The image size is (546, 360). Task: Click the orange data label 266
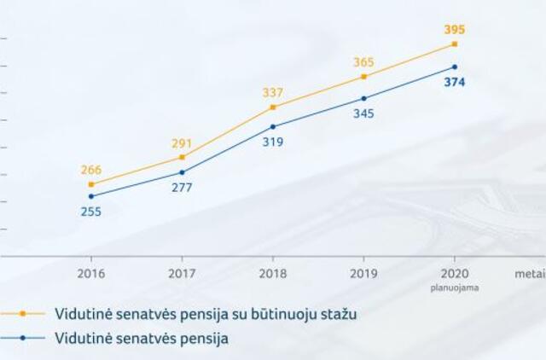(90, 170)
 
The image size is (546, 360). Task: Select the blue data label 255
(91, 212)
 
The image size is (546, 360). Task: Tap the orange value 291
(182, 144)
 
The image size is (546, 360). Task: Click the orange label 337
(273, 93)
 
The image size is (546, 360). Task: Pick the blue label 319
(273, 142)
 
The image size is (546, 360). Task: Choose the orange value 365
(364, 62)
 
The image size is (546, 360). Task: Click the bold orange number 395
(455, 30)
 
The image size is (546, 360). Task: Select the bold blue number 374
(455, 83)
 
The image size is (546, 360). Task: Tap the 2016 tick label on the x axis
(91, 275)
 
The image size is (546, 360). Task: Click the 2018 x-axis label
(273, 275)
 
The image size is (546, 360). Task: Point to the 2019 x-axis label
(364, 275)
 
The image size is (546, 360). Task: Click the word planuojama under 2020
(454, 287)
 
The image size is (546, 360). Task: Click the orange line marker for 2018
(273, 107)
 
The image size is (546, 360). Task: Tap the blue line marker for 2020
(455, 67)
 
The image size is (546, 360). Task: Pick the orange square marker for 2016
(91, 184)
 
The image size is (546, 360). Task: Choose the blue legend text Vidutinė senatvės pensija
(142, 338)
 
